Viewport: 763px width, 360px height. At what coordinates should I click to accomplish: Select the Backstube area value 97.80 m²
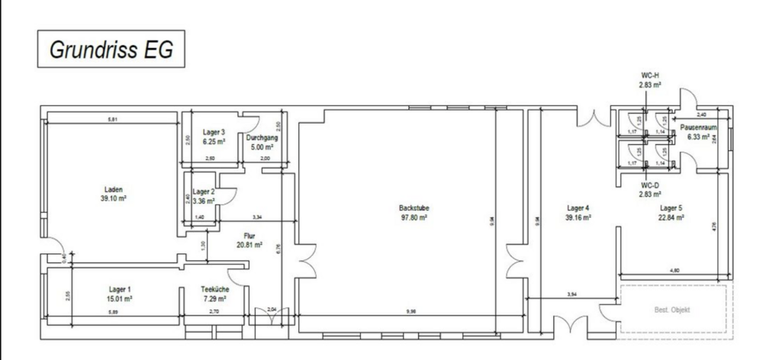coord(412,217)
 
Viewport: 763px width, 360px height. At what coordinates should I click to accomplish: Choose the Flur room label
coord(249,236)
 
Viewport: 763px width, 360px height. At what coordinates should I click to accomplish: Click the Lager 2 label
coord(203,191)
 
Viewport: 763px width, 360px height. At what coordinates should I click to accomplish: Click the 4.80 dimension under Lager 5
coord(674,271)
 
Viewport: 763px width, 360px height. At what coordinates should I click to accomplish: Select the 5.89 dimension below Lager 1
coord(114,312)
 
